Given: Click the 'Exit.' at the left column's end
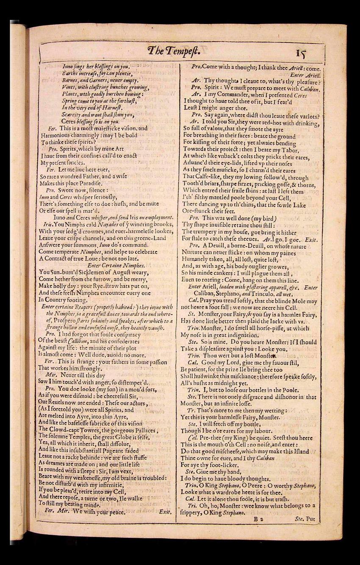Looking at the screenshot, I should (x=165, y=512).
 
